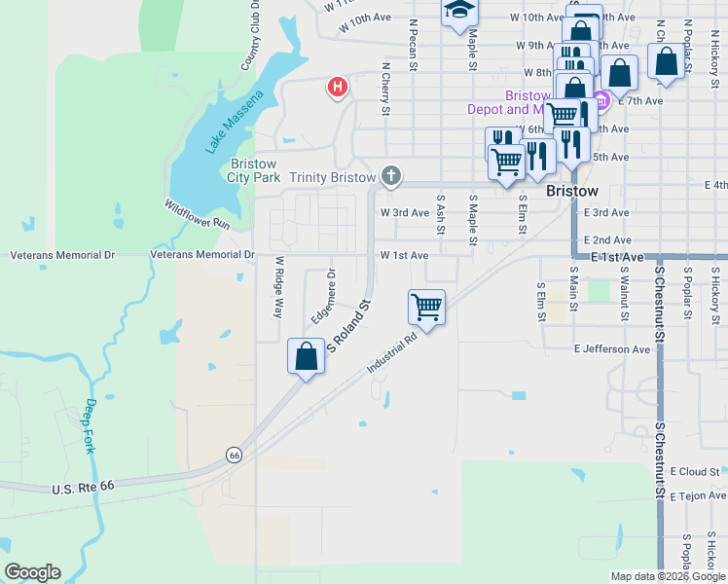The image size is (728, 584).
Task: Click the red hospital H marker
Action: (338, 88)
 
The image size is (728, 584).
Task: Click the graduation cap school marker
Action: (459, 12)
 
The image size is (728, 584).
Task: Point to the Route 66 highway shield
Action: (234, 455)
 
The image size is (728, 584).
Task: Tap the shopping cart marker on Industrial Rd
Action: (427, 307)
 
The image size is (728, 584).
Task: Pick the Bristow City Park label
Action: (253, 170)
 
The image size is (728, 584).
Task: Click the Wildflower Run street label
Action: (197, 214)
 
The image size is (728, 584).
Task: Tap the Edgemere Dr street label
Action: (323, 296)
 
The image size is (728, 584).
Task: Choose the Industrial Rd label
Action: (392, 353)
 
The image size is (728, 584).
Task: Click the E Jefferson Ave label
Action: (611, 348)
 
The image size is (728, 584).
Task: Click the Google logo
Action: (32, 572)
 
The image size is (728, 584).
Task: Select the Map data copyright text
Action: (668, 576)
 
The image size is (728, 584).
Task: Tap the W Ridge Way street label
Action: (278, 287)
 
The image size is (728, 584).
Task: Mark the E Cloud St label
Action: (694, 471)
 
